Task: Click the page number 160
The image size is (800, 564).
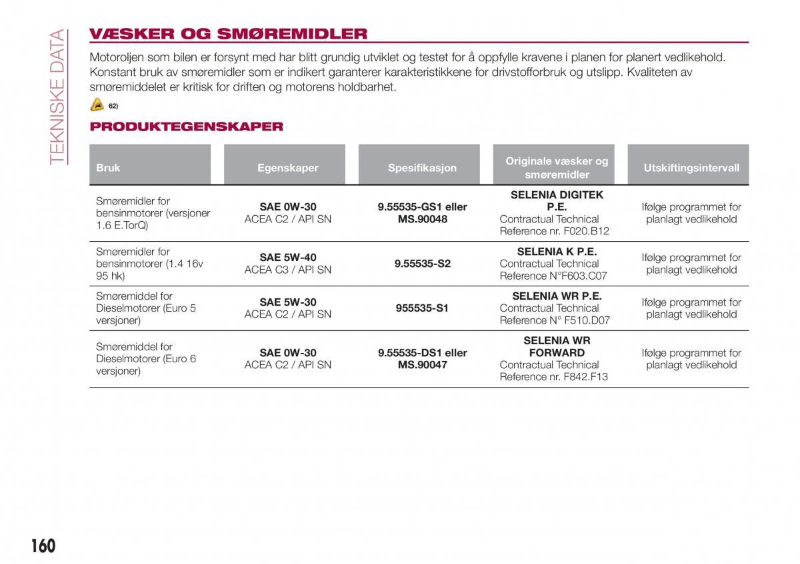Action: (43, 546)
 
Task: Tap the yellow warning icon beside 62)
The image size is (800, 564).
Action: (97, 105)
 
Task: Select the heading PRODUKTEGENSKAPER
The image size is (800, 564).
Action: (187, 127)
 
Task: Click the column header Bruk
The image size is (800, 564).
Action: (108, 168)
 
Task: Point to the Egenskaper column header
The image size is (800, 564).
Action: (288, 168)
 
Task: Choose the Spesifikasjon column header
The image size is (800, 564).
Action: (423, 168)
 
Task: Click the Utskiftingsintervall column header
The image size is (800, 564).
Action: (691, 168)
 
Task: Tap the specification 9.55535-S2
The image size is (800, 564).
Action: (423, 264)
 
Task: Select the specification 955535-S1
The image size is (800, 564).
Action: (423, 308)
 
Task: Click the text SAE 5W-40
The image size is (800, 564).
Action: (288, 258)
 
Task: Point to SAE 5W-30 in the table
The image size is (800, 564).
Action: (288, 302)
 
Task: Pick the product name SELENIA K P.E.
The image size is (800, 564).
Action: (557, 252)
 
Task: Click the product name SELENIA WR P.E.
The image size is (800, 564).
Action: (557, 296)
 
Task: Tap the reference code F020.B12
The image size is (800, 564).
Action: (587, 231)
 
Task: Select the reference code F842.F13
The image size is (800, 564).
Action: (586, 377)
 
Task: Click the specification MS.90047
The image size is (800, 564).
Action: (423, 365)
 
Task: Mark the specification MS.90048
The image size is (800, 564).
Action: (423, 219)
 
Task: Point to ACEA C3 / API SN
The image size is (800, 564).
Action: (288, 270)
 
